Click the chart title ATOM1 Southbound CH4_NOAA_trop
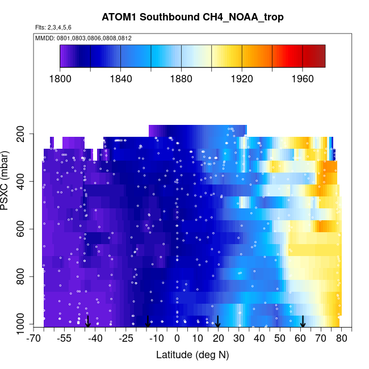click(192, 18)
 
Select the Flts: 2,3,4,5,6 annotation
click(53, 28)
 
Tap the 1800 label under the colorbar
click(60, 79)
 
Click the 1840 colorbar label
click(120, 79)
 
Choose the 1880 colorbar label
click(181, 79)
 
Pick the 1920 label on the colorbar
click(242, 79)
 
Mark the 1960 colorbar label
click(302, 79)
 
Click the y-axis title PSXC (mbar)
click(8, 182)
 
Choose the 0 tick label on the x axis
click(177, 338)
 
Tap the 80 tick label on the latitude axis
click(341, 338)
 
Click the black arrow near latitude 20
click(218, 321)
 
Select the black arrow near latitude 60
click(303, 321)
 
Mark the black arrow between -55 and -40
click(87, 321)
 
